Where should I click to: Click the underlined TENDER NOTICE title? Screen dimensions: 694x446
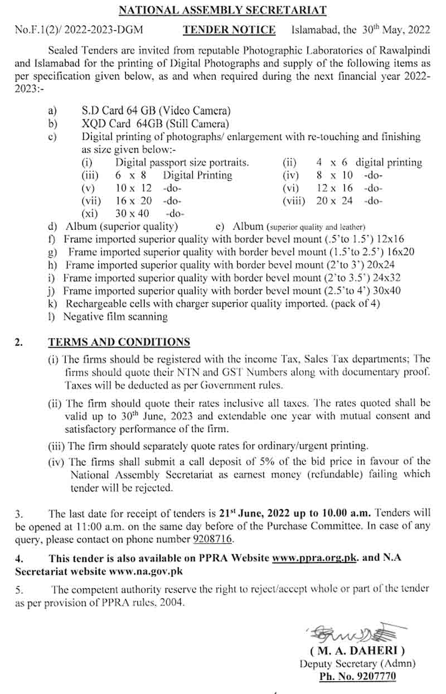[230, 30]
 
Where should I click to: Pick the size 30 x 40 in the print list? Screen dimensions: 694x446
[133, 213]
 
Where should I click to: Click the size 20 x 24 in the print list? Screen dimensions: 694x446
[334, 200]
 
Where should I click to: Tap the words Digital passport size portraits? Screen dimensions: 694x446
[182, 162]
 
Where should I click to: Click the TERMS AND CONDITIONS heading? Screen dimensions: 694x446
[119, 342]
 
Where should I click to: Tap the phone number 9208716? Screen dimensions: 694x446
[213, 539]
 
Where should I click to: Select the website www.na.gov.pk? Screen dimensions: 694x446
[147, 571]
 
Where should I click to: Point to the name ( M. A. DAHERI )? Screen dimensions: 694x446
[357, 650]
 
